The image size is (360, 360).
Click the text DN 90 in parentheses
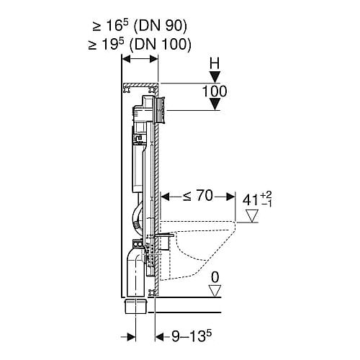[160, 26]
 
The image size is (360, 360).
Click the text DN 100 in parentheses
[161, 45]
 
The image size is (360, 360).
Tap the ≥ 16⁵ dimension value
[111, 25]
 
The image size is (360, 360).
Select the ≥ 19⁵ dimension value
[107, 44]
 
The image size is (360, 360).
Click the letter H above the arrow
[215, 64]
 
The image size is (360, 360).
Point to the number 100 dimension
[215, 91]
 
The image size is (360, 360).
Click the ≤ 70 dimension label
[198, 196]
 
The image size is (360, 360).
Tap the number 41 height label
[251, 200]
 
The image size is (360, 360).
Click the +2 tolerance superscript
[266, 195]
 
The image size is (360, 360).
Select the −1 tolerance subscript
[266, 204]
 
